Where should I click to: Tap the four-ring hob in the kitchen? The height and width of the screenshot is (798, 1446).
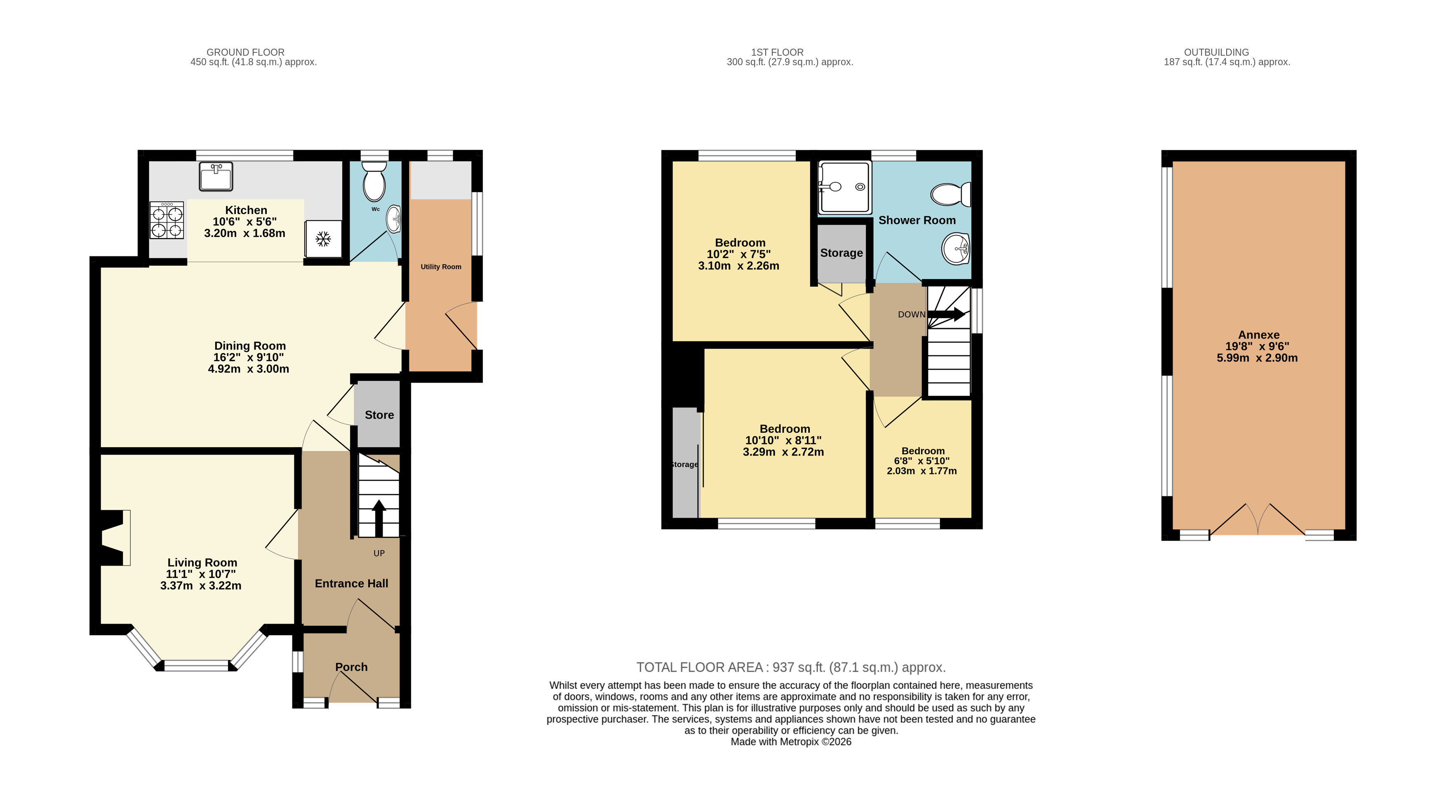tap(167, 220)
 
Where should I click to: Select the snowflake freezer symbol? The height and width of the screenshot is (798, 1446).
tap(323, 239)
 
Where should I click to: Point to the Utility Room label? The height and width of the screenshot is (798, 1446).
tap(441, 267)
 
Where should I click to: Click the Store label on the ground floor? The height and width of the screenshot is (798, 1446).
tap(379, 415)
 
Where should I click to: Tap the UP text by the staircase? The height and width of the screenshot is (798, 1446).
tap(379, 553)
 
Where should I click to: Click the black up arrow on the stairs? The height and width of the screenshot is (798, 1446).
tap(379, 517)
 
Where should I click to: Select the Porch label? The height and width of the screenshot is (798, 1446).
tap(351, 667)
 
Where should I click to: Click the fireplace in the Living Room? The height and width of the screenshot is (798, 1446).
tap(115, 537)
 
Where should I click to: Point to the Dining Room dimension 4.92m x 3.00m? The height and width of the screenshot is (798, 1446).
tap(249, 368)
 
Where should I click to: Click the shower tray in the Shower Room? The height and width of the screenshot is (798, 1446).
tap(845, 188)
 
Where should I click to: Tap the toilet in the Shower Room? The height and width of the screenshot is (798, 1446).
tap(951, 194)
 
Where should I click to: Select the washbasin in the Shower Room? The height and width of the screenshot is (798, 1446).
tap(956, 248)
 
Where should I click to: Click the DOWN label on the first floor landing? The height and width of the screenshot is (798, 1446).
tap(912, 314)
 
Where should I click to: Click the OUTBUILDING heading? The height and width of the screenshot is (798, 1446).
tap(1216, 52)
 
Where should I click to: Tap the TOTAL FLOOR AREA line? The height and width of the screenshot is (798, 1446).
tap(791, 667)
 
